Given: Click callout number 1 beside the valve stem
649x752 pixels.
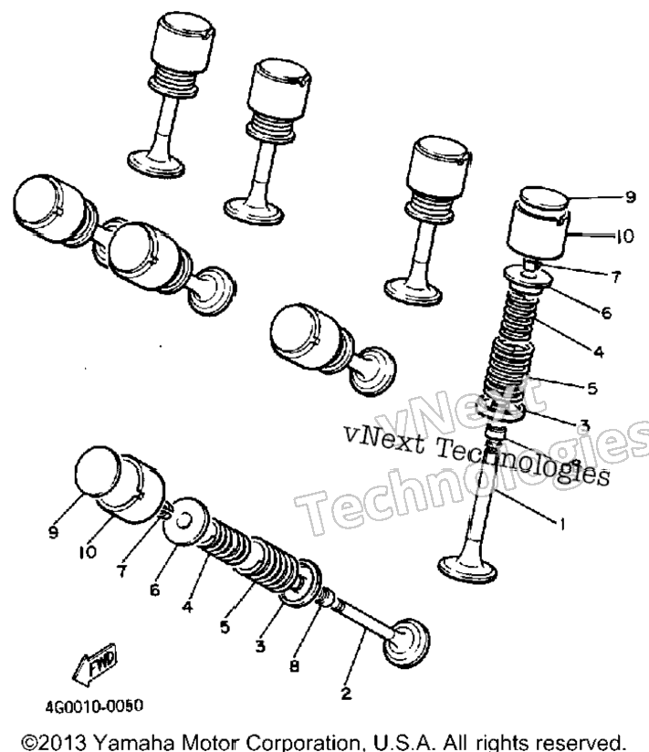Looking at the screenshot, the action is (561, 524).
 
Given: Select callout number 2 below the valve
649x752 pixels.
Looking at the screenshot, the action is (346, 693).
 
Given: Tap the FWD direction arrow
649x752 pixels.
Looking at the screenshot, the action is (95, 663).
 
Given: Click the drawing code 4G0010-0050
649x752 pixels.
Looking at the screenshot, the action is (94, 706).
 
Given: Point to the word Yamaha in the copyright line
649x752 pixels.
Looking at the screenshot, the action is (132, 741).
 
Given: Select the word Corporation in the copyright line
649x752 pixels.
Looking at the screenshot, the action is (302, 742).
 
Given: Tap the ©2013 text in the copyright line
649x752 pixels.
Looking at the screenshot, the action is (54, 741).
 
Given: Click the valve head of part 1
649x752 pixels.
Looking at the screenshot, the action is (467, 569).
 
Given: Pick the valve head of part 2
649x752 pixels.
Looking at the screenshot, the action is (407, 643).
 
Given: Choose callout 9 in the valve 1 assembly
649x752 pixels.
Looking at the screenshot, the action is (631, 197).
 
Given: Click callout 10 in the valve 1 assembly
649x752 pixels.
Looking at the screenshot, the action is (625, 236).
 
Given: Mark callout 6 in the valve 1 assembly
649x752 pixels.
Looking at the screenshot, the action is (606, 313).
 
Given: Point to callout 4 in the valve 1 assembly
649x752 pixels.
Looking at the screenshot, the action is (598, 351).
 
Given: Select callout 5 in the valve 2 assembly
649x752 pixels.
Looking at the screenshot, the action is (225, 626).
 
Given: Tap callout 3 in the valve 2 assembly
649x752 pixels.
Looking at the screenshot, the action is (259, 646).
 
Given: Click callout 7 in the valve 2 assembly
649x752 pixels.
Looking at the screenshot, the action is (121, 570).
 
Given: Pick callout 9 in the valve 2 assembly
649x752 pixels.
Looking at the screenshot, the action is (53, 532).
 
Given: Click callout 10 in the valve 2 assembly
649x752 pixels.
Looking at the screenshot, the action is (89, 552).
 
